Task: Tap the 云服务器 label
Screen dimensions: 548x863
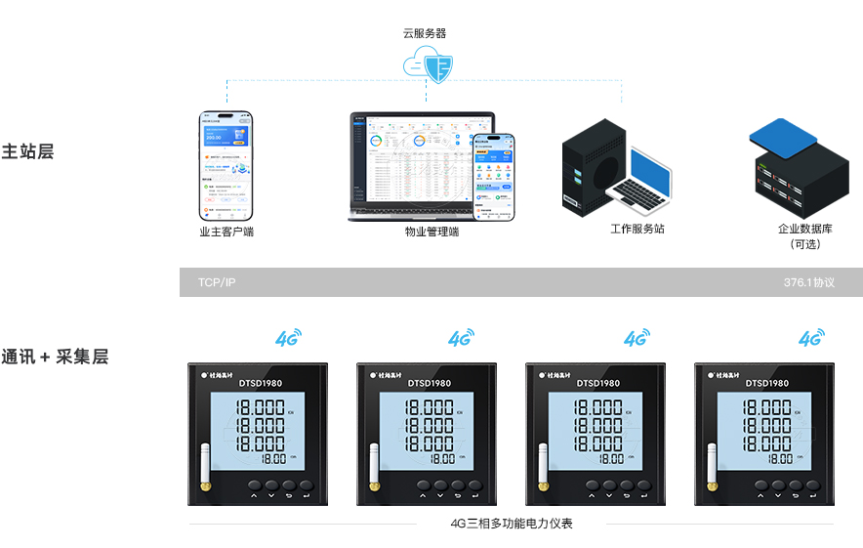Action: pyautogui.click(x=425, y=33)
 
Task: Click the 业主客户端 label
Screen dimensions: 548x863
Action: pyautogui.click(x=226, y=232)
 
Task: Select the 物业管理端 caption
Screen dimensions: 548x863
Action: pyautogui.click(x=431, y=232)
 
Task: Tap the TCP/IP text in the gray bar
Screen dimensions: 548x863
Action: pyautogui.click(x=217, y=282)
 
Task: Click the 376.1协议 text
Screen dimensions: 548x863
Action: pyautogui.click(x=808, y=282)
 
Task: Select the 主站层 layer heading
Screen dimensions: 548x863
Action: pyautogui.click(x=27, y=152)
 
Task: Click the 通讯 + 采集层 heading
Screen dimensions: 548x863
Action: pyautogui.click(x=55, y=357)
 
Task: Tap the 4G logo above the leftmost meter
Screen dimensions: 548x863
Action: pyautogui.click(x=288, y=338)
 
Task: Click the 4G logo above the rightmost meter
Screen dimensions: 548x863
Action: pyautogui.click(x=810, y=338)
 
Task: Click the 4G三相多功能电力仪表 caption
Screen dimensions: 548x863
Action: pyautogui.click(x=512, y=524)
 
